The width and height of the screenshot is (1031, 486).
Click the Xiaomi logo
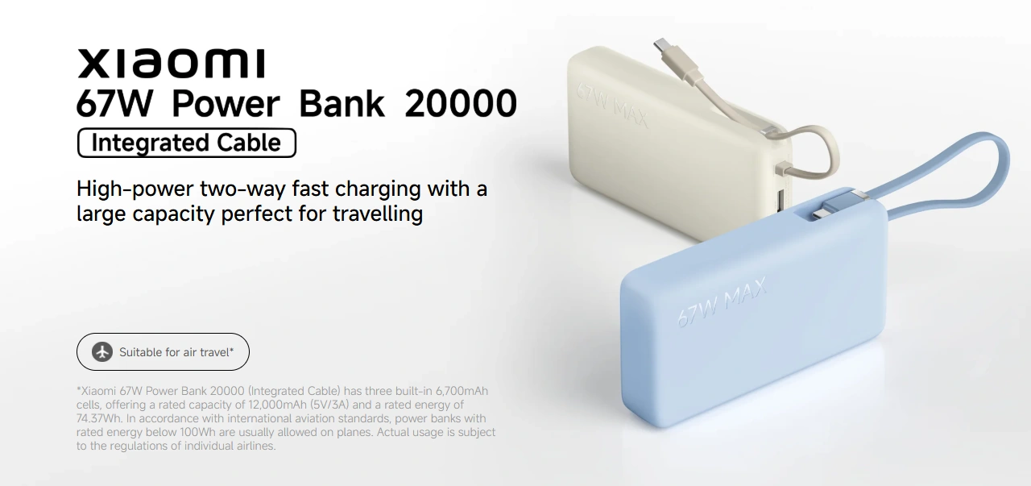172,63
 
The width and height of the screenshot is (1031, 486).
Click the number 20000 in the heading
460,103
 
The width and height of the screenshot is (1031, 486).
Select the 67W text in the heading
114,103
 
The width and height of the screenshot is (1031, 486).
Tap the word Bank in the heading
342,103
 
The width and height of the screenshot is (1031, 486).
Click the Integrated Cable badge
186,143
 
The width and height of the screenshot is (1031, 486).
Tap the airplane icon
102,352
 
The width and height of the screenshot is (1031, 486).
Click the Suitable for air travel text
176,352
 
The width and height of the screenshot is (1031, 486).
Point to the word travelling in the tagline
378,214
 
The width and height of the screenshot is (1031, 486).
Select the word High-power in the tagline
135,189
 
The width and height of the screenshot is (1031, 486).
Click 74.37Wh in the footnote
98,418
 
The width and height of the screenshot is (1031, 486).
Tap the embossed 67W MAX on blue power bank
722,302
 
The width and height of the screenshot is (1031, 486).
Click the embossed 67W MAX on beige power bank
612,105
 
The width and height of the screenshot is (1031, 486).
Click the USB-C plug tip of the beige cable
661,45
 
